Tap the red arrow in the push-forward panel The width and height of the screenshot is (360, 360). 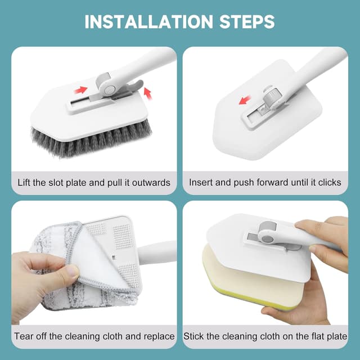point(244,101)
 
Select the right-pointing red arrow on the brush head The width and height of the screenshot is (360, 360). point(82,90)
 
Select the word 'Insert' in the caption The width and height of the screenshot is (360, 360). point(201,182)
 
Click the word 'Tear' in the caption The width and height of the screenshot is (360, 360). point(25,336)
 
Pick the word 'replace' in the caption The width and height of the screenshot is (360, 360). point(159,336)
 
